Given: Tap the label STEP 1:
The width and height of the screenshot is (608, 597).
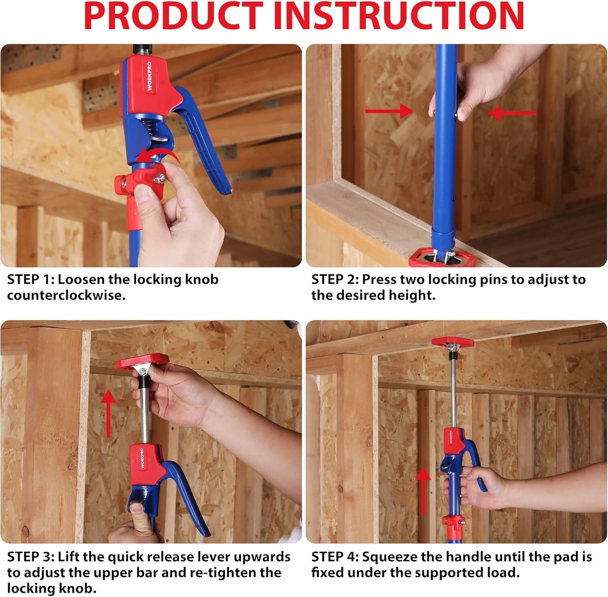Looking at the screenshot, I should point(30,280).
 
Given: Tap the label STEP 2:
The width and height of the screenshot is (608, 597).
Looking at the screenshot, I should point(335,280).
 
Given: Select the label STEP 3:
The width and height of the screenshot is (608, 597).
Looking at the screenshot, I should point(30,557).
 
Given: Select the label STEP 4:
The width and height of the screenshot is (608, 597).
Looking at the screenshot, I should point(335,557).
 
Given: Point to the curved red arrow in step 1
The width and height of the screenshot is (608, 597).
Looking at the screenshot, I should point(158,156).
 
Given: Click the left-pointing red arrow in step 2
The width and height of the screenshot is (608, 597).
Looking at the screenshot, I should point(513,113).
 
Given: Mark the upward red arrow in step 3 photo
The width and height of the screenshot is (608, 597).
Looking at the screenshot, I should point(108,413).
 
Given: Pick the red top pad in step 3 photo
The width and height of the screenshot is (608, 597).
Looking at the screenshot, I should point(142,361).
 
